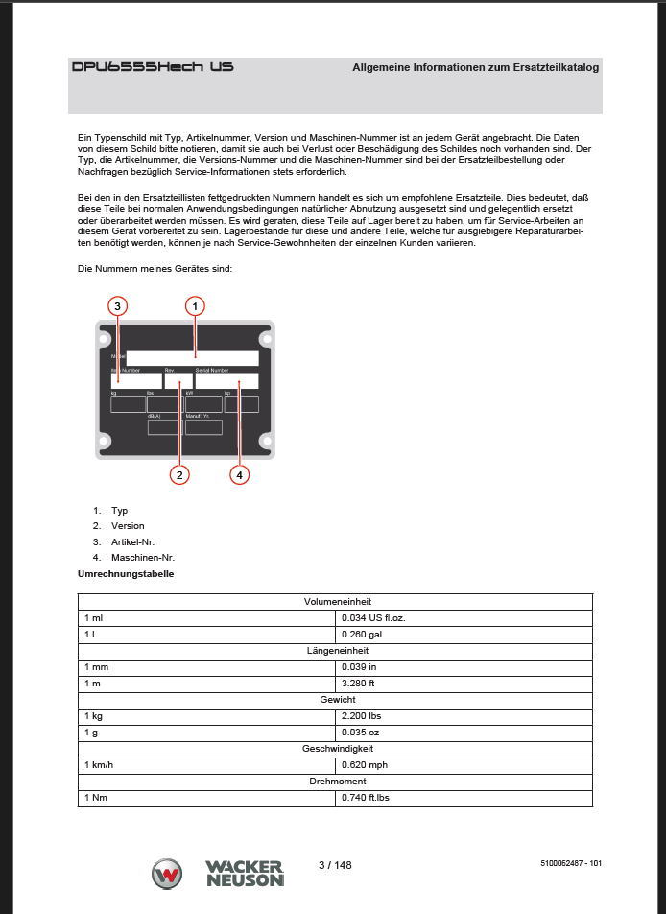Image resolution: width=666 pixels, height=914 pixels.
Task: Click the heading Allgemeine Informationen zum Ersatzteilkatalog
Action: (475, 68)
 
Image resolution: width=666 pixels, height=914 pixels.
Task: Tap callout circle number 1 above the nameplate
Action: (195, 306)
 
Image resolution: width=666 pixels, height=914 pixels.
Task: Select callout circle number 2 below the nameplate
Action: (178, 473)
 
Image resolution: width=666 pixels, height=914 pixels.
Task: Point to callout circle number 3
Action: (116, 306)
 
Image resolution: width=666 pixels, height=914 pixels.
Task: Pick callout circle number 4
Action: (239, 473)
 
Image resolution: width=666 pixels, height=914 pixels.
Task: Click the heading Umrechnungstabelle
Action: (126, 573)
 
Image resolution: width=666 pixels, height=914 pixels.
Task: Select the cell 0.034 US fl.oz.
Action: (373, 618)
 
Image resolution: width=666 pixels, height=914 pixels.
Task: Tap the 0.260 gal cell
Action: (362, 635)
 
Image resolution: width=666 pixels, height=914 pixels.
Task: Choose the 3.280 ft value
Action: (360, 684)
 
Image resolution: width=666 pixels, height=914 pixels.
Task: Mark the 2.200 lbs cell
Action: (363, 716)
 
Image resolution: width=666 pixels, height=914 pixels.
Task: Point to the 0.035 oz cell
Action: (361, 733)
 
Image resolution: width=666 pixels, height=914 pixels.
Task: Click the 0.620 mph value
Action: (365, 765)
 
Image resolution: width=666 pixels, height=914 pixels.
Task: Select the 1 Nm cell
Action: (97, 798)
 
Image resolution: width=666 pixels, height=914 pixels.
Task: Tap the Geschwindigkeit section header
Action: (335, 749)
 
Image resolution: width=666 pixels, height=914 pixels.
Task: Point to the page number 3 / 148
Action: (335, 865)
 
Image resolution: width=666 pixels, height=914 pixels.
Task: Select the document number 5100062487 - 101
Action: (570, 865)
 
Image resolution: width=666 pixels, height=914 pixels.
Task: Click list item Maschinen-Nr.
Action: (143, 558)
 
